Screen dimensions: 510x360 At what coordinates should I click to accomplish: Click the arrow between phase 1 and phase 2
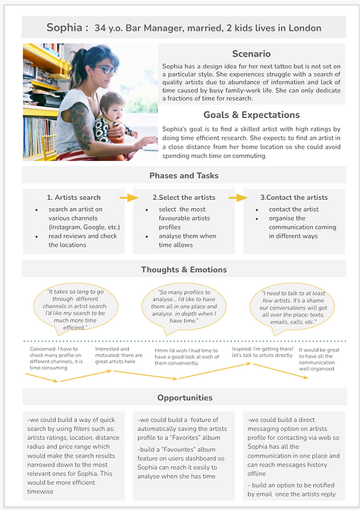[x=129, y=198]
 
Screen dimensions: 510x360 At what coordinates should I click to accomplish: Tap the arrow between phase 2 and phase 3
[x=238, y=198]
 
